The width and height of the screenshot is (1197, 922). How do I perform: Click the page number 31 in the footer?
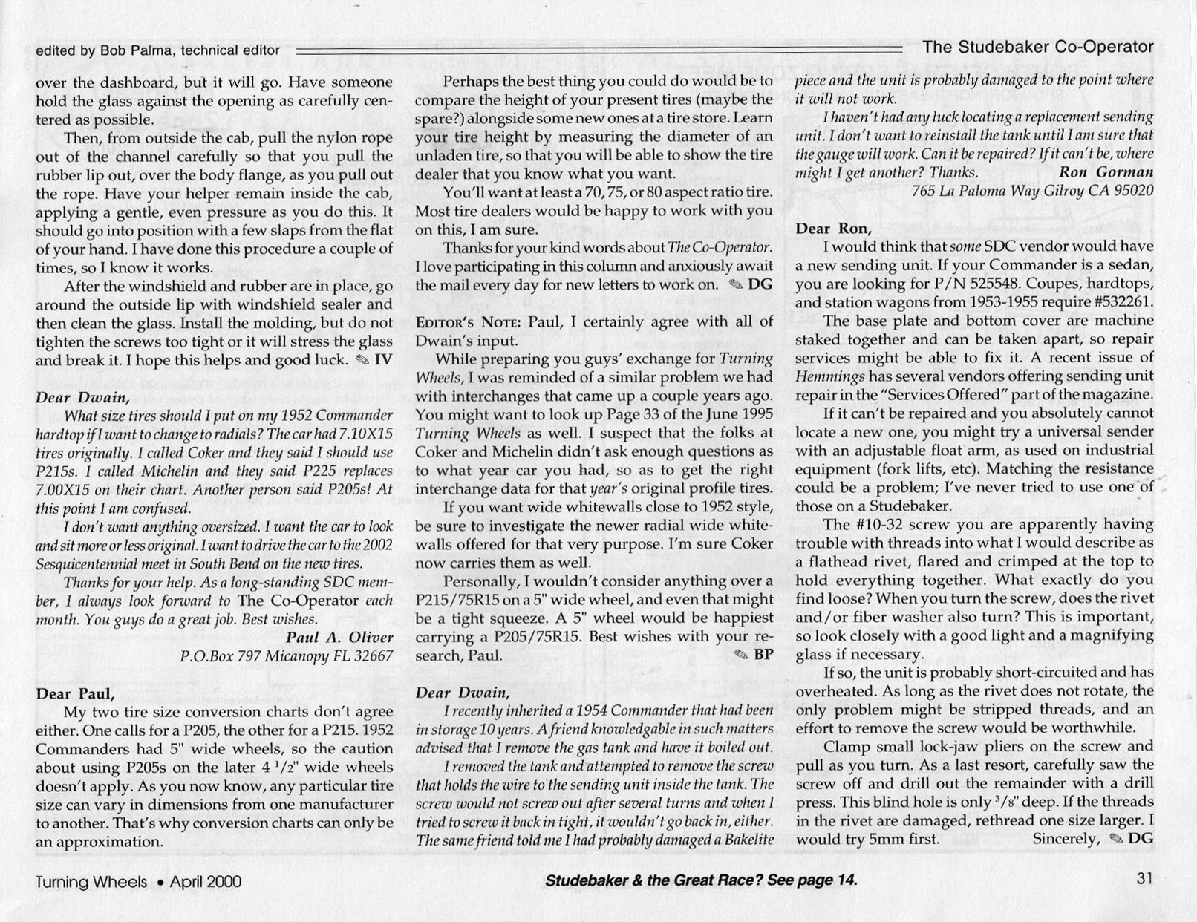(1144, 879)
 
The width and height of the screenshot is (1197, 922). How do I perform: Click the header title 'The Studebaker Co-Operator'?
(1037, 48)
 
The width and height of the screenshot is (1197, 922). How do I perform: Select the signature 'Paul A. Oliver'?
(339, 638)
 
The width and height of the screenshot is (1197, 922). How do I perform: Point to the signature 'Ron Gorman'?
(1106, 172)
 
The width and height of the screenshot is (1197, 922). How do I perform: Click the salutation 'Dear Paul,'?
(75, 694)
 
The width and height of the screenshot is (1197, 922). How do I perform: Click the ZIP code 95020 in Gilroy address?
(1132, 191)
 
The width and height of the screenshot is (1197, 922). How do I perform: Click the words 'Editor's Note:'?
(460, 322)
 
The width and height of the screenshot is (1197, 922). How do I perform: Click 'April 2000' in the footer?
(205, 882)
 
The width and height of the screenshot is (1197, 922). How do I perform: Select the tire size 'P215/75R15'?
(458, 599)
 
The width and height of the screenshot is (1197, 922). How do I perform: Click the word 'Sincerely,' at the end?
(1066, 839)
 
